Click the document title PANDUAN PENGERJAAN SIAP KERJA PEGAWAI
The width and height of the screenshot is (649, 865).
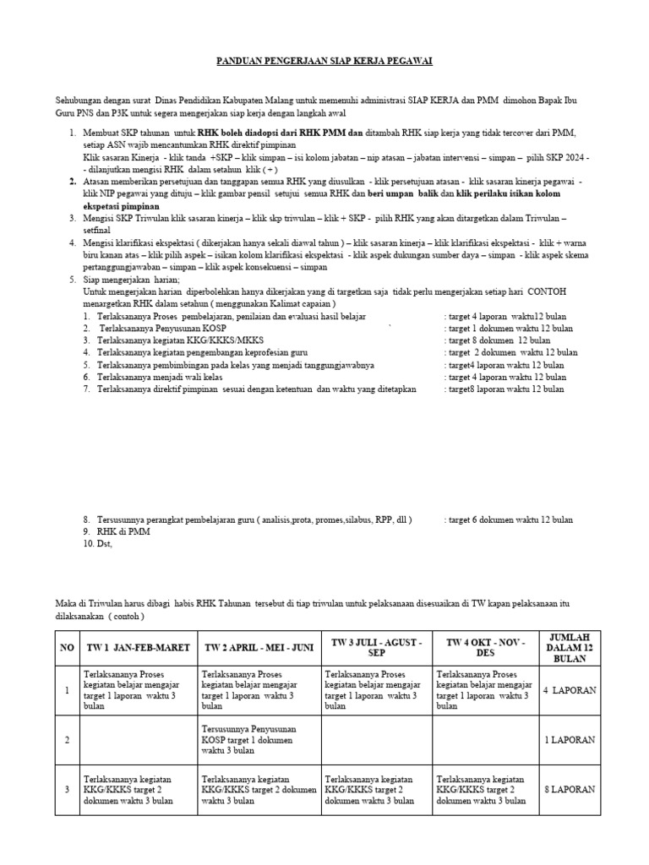click(x=324, y=62)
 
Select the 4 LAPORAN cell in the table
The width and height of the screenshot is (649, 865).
click(x=570, y=690)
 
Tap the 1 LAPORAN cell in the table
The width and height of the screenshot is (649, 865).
click(x=570, y=739)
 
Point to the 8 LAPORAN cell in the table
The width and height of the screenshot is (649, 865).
click(x=570, y=789)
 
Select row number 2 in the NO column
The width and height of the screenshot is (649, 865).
click(x=67, y=739)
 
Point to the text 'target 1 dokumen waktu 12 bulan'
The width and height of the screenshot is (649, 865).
click(x=509, y=328)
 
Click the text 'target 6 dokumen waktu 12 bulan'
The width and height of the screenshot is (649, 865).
click(x=509, y=520)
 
